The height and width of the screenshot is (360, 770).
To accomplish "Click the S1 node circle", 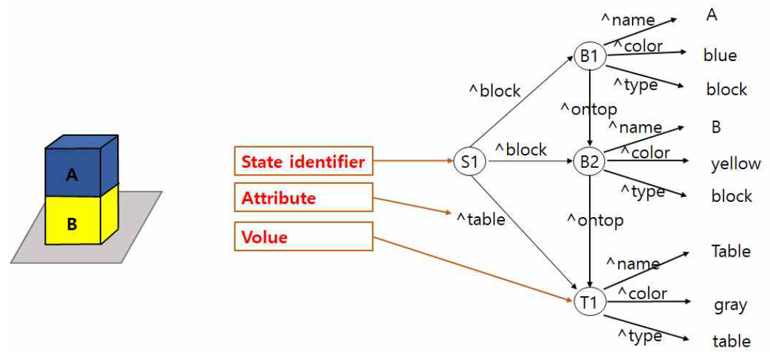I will coord(470,163).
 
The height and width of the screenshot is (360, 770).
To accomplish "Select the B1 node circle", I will coord(589,56).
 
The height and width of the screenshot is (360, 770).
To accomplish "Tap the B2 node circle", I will coord(589,163).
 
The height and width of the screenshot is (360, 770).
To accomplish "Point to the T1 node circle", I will coord(589,302).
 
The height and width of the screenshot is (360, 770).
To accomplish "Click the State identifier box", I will coord(303,162).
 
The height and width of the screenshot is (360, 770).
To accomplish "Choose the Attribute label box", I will coord(303,198).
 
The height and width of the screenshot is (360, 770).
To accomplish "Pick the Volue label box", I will coord(303,237).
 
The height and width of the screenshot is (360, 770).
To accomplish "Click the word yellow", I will coord(735,164).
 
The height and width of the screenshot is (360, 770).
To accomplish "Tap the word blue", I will coord(719,55).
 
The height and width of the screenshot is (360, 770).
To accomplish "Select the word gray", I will coord(730,305).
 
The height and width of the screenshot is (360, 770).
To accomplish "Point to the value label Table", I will coord(730,251).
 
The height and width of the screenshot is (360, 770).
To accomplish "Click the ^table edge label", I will coord(480,219).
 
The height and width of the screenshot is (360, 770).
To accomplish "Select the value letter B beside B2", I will coord(716,128).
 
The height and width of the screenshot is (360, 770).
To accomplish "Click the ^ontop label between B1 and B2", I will coord(589,109).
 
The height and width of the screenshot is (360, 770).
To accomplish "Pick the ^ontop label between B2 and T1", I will coord(595,221).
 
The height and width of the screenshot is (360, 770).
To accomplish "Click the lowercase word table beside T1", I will coord(731,341).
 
